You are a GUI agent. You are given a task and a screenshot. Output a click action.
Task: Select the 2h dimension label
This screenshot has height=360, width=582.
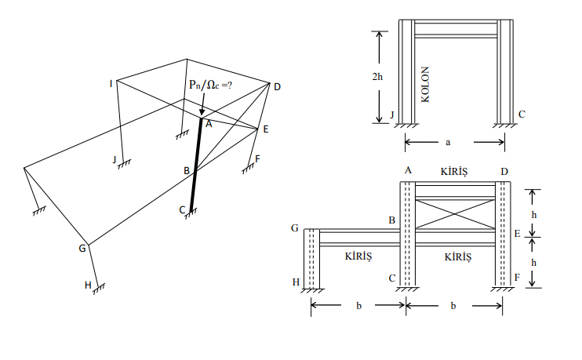coord(376,76)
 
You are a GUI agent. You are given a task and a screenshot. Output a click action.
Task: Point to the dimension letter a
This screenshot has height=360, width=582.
coord(447,142)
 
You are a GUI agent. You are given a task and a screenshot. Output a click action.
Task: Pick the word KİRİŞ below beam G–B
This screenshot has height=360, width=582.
coord(358,256)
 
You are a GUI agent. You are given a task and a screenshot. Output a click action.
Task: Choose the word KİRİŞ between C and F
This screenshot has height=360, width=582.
coord(458,256)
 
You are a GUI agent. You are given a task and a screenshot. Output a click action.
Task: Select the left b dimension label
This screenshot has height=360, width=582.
coord(358,305)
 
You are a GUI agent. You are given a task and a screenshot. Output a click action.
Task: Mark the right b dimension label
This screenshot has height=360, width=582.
coord(453,305)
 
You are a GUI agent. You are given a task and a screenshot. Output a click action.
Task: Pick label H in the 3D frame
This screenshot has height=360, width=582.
coord(88,285)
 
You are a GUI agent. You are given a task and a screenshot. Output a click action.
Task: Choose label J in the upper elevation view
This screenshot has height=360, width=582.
coord(391,115)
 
